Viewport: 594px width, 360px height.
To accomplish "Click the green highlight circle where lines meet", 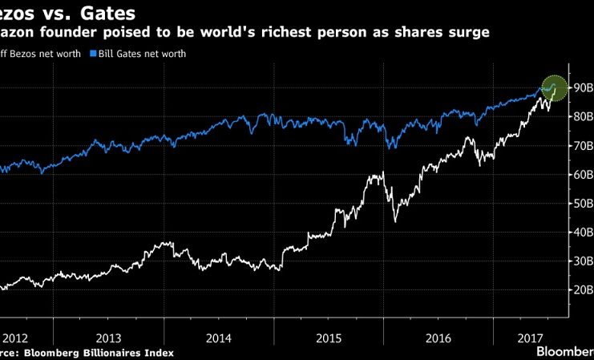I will tap(554, 87).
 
